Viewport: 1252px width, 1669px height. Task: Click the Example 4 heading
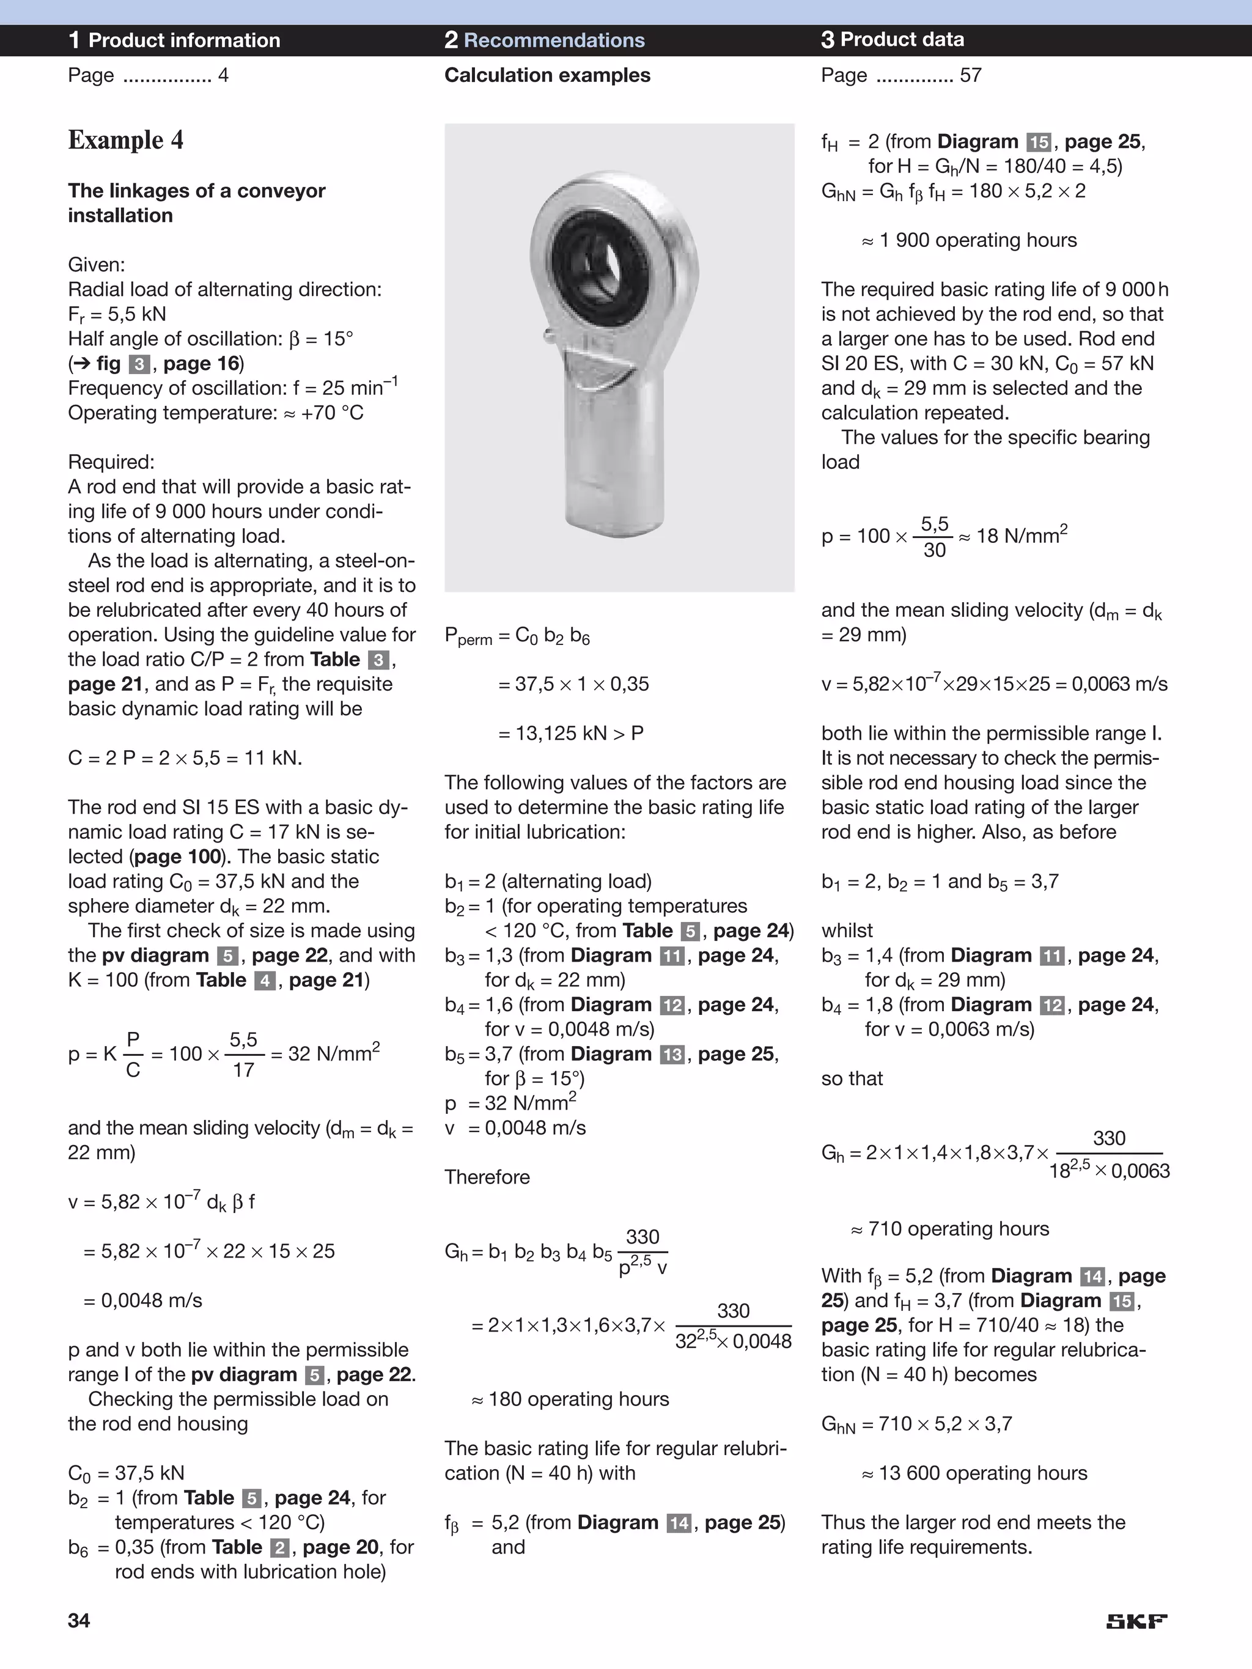125,141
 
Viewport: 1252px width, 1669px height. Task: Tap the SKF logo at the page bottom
1136,1621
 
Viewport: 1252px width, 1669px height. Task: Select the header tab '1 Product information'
174,40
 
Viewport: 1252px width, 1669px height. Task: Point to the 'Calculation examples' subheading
547,75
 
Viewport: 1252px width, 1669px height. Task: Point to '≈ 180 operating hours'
570,1399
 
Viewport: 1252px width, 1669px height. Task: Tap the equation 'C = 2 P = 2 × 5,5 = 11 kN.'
185,757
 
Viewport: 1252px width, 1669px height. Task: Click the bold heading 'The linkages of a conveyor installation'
196,202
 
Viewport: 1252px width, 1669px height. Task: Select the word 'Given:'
97,265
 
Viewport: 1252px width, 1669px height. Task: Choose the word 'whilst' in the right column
847,930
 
